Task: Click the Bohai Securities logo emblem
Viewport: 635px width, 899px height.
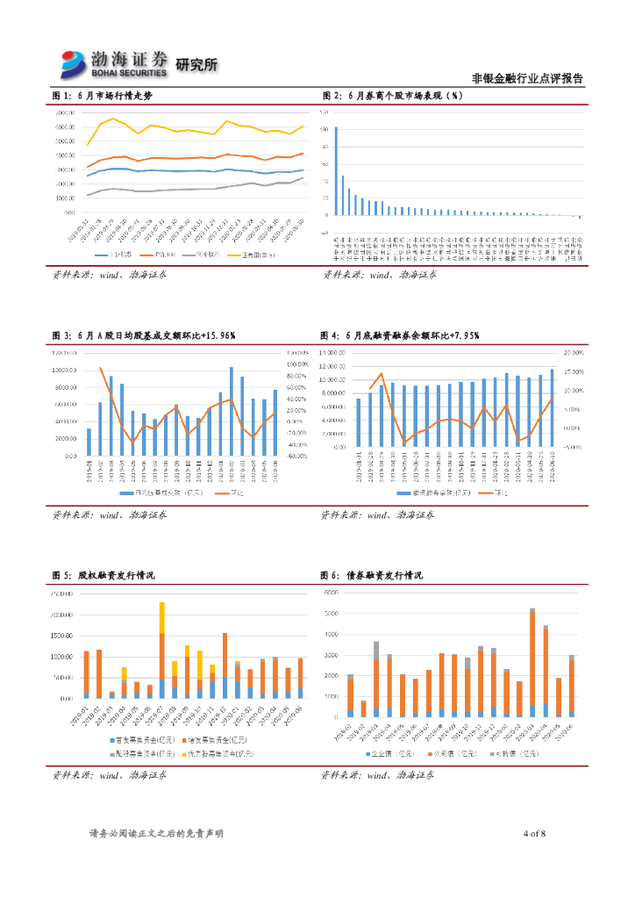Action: click(74, 62)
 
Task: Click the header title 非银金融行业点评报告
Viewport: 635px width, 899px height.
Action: click(527, 78)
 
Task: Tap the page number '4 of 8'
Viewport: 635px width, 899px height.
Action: click(534, 832)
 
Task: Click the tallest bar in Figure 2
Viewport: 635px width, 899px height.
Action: click(336, 171)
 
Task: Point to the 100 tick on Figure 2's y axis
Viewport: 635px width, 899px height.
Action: click(325, 129)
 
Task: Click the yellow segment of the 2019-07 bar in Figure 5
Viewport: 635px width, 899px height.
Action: click(161, 618)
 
